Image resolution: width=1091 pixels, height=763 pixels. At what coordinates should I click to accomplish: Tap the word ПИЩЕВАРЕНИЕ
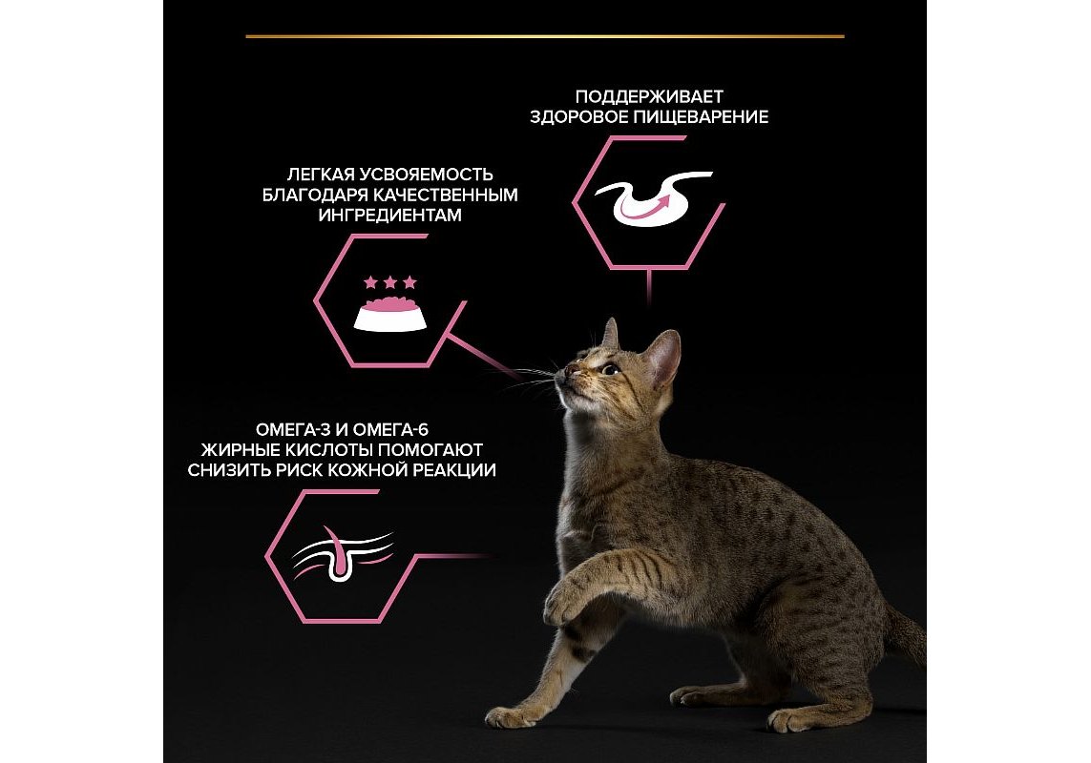(x=701, y=117)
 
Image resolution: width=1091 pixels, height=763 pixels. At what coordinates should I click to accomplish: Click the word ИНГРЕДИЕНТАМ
(x=390, y=215)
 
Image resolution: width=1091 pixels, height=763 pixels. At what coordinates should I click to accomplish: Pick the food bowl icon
(x=389, y=315)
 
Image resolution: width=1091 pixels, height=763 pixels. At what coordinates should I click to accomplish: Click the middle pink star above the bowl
(x=390, y=282)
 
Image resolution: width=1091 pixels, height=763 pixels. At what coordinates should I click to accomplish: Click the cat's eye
(x=610, y=369)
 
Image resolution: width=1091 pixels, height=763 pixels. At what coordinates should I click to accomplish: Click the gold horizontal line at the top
(x=545, y=36)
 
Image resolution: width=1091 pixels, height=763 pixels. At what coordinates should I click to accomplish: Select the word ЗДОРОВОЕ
(x=578, y=117)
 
